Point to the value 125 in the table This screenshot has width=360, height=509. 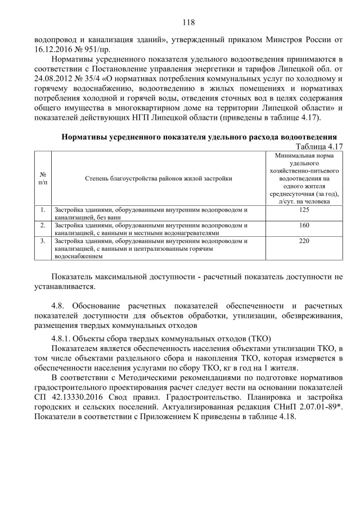tap(304, 210)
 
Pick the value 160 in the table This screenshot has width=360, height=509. tap(304, 225)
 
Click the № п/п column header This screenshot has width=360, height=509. tap(43, 178)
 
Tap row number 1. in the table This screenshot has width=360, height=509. tap(43, 210)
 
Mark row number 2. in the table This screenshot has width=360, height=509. tap(43, 225)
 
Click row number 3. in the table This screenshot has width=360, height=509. tap(43, 240)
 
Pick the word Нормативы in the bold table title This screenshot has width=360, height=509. tap(83, 137)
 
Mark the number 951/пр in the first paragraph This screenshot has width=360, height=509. tap(96, 49)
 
